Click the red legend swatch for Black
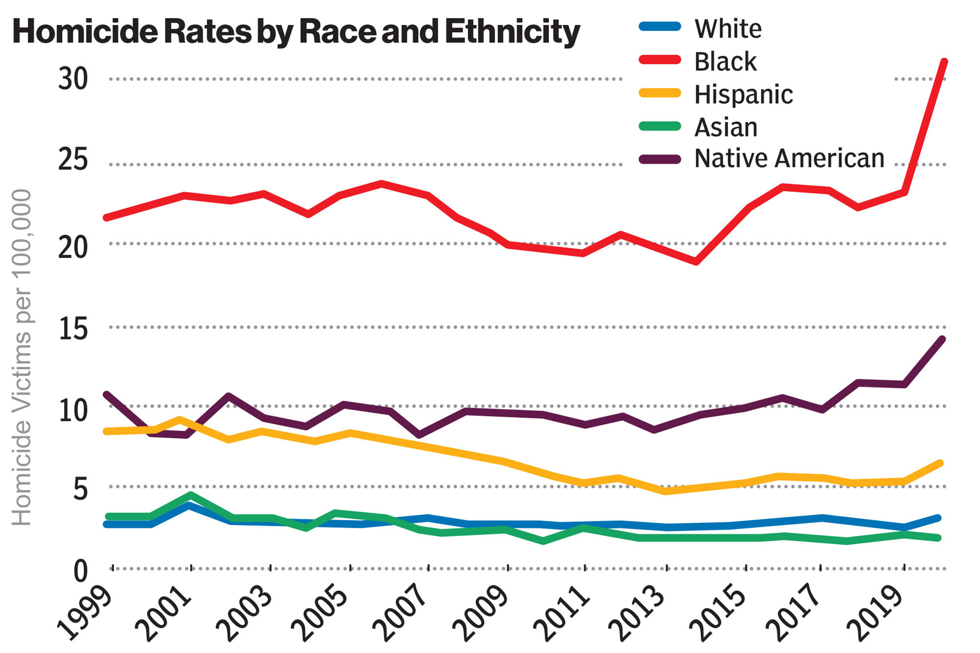coord(660,60)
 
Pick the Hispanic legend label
coord(743,94)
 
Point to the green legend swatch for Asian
coord(660,126)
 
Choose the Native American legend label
coord(789,158)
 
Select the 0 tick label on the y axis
coord(80,571)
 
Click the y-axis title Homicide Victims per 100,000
coord(22,358)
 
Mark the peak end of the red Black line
coord(945,62)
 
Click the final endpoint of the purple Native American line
coord(942,339)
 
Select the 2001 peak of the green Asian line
coord(191,495)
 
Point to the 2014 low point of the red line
coord(696,262)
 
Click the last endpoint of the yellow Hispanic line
coord(940,463)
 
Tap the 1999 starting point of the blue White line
coord(107,524)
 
